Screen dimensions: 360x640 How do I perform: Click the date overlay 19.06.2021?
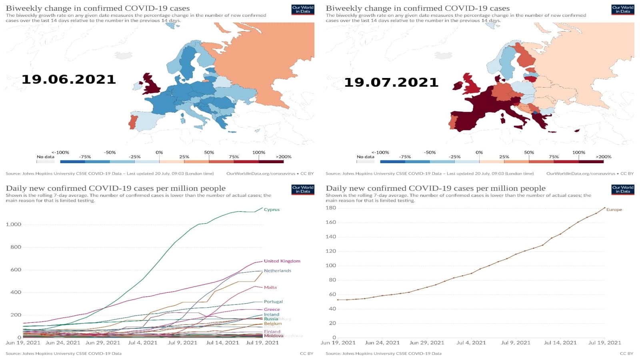pos(68,79)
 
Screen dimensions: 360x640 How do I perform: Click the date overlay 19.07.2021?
pos(391,82)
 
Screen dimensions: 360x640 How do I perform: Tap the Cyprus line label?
pos(272,210)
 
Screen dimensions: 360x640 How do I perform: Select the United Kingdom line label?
pos(282,261)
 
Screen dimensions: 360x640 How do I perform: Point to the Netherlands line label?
pos(277,271)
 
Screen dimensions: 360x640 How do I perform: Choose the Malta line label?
pos(270,287)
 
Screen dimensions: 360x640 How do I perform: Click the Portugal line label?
pos(273,302)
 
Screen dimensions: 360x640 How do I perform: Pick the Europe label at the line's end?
pos(614,210)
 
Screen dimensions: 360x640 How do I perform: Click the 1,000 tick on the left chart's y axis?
pos(14,224)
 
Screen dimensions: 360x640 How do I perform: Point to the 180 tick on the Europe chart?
pos(331,208)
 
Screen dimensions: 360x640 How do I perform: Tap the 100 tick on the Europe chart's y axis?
pos(331,266)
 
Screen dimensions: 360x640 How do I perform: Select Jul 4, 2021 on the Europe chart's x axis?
pos(471,343)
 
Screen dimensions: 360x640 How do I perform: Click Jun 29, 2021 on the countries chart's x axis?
pos(102,343)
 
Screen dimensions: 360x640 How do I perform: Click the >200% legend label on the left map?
pos(283,157)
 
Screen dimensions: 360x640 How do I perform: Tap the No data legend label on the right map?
pos(365,157)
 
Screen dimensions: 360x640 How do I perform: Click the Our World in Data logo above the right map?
pos(623,9)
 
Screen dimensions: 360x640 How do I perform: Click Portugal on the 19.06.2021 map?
pos(132,122)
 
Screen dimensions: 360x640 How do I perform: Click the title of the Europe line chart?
pos(435,188)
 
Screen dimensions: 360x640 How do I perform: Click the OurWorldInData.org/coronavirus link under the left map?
pos(260,174)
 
